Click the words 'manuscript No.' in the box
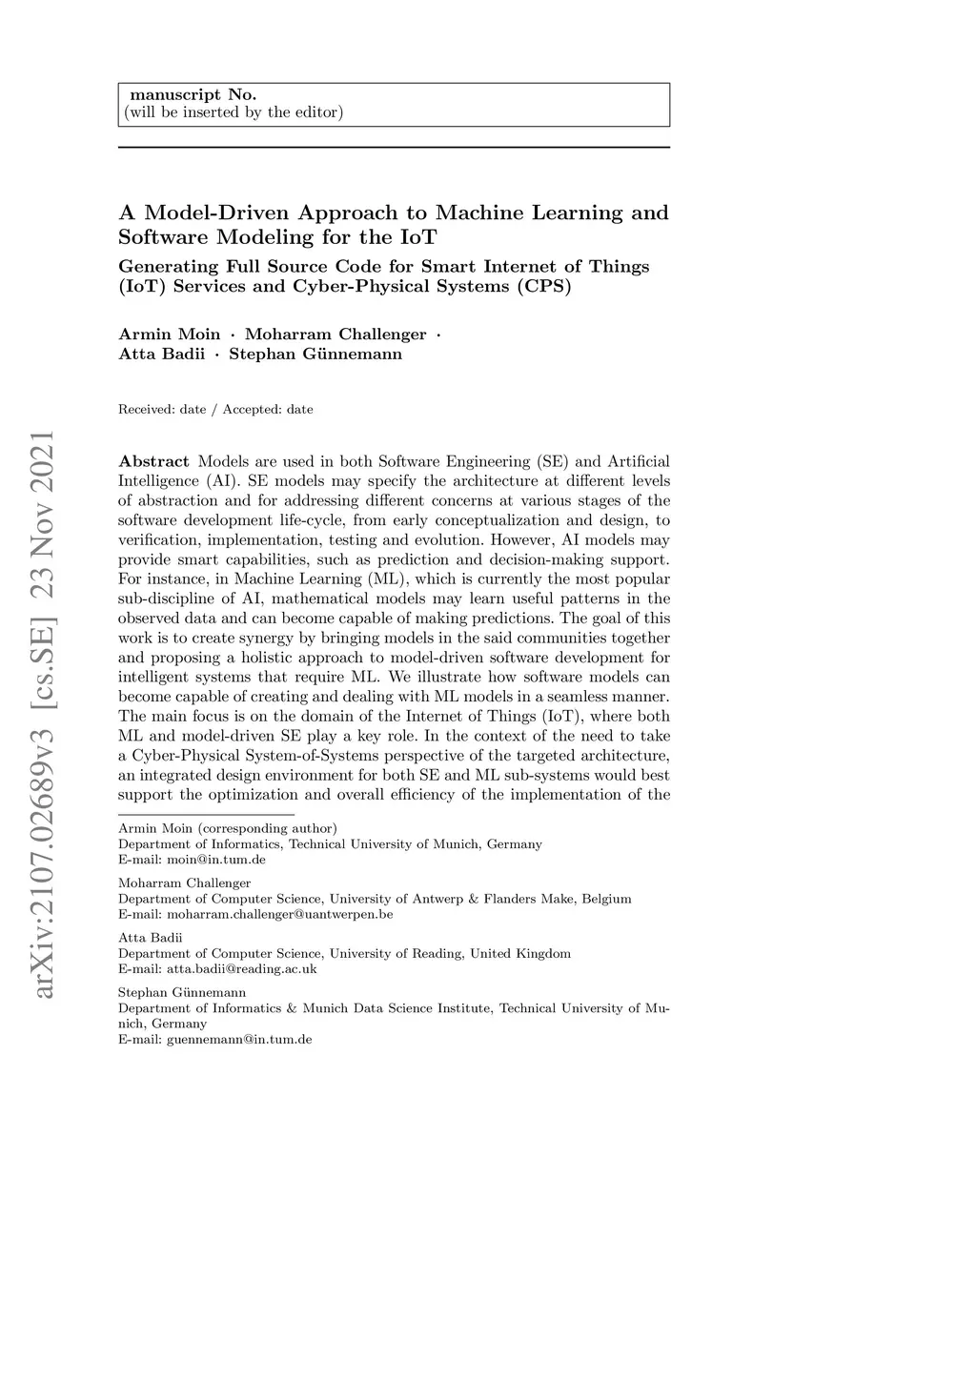pyautogui.click(x=193, y=94)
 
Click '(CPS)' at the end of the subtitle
pyautogui.click(x=544, y=286)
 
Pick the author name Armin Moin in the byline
pyautogui.click(x=169, y=335)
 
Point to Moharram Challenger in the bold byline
pyautogui.click(x=335, y=335)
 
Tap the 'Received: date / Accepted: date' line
pyautogui.click(x=215, y=410)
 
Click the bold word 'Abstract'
pyautogui.click(x=153, y=461)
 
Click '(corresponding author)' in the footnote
pyautogui.click(x=267, y=828)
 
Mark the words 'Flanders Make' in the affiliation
pyautogui.click(x=532, y=899)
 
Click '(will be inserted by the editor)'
pyautogui.click(x=234, y=112)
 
